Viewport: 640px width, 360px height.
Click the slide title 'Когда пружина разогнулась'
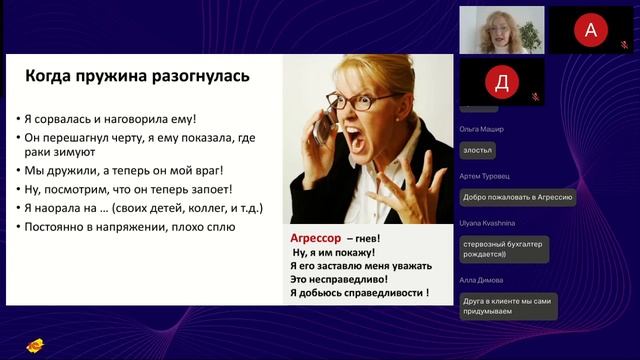(x=137, y=75)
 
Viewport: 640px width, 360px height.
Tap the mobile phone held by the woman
(x=323, y=127)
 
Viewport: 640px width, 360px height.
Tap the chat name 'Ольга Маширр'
(x=482, y=129)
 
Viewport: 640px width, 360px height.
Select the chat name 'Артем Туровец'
(x=485, y=176)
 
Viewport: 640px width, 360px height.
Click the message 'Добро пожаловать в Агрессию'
(x=517, y=197)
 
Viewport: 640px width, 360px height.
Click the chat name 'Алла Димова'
(x=481, y=280)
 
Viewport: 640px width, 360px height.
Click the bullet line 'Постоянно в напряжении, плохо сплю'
(x=127, y=227)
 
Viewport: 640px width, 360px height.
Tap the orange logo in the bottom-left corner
(x=34, y=346)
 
